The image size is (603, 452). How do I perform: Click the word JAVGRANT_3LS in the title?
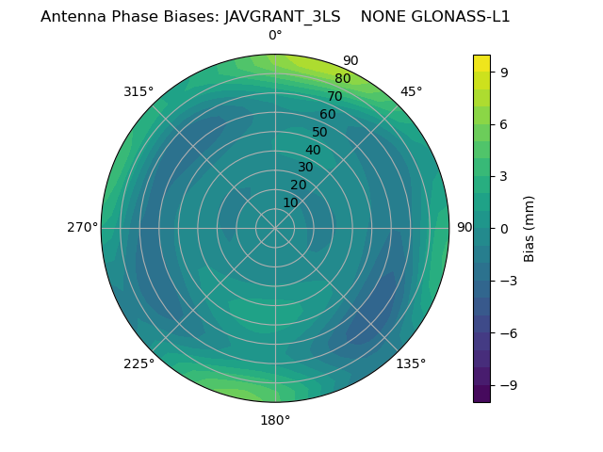coord(283,17)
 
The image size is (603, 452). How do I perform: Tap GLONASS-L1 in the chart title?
coord(464,17)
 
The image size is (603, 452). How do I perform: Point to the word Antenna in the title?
coord(73,17)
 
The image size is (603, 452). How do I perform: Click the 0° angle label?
coord(275,36)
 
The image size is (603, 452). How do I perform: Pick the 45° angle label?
coord(412,91)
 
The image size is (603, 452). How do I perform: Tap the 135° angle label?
coord(411,363)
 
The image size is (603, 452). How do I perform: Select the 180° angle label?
coord(275,420)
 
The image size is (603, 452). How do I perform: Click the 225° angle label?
coord(139,363)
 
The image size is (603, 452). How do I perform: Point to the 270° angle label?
coord(82,228)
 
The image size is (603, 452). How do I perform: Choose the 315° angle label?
coord(139,91)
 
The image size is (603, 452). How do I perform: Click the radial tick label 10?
coord(290,202)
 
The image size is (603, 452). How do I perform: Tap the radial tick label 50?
coord(319,133)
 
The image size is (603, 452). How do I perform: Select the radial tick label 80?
coord(342,79)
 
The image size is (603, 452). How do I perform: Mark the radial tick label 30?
coord(305,168)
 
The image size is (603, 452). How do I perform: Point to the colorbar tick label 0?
coord(504,228)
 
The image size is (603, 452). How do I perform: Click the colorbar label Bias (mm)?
coord(530,228)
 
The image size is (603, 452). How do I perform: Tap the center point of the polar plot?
coord(275,228)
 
